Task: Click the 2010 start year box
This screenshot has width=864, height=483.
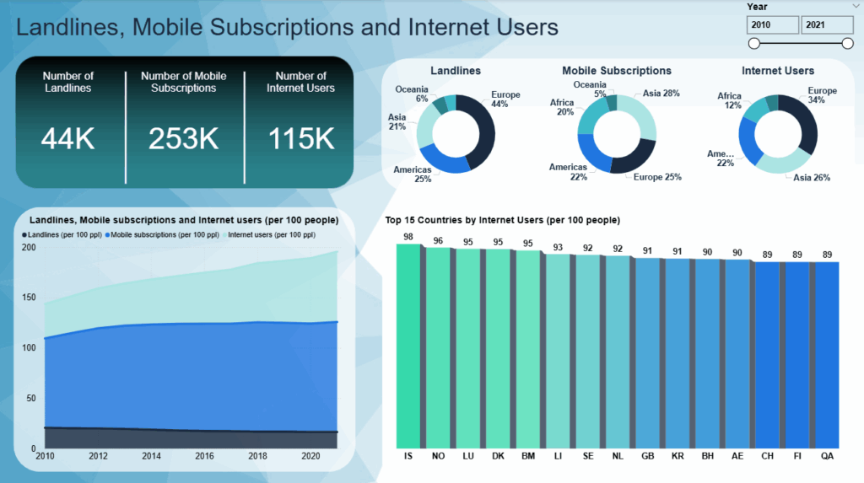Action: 772,24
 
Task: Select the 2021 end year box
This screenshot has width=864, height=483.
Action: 825,24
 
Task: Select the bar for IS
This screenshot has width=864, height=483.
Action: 408,346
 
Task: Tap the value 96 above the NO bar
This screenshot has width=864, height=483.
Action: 438,240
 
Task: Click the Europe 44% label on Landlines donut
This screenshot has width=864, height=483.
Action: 505,99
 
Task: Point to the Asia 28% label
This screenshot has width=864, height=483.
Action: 661,94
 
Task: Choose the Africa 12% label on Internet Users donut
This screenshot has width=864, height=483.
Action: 729,101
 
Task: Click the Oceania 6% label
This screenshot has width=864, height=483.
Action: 413,94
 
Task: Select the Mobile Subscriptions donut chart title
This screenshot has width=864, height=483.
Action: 617,71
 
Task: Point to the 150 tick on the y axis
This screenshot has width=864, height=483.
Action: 30,298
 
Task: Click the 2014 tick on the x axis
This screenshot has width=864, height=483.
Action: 152,455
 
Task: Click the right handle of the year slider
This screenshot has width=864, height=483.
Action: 847,43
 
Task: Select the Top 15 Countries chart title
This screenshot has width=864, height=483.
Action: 502,220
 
